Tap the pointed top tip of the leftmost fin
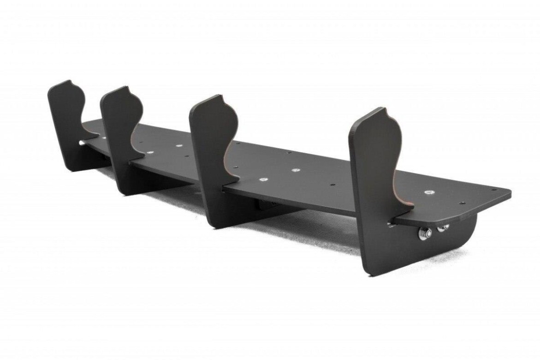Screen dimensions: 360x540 tap(70, 81)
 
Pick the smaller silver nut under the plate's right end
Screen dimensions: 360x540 tap(445, 227)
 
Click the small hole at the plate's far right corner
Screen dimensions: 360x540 tap(494, 190)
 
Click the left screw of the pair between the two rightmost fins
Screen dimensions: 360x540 tap(263, 179)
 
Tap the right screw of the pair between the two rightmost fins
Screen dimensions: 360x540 tap(296, 170)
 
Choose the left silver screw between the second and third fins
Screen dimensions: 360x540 tap(148, 151)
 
